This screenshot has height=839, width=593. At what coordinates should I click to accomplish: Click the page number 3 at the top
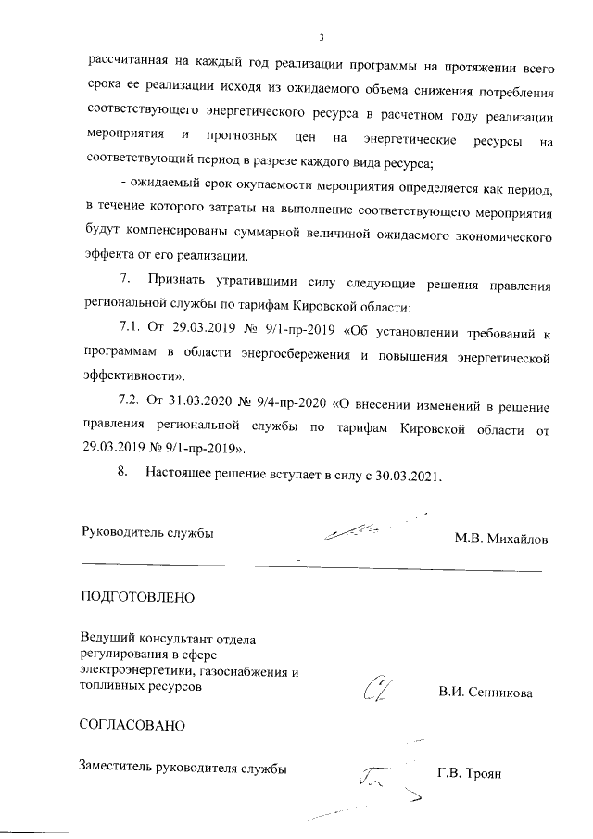(320, 38)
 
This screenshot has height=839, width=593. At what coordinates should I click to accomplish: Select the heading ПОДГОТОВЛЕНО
(138, 596)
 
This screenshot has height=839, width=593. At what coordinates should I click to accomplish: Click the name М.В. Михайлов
(500, 539)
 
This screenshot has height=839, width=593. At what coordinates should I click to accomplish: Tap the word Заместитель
(120, 767)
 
